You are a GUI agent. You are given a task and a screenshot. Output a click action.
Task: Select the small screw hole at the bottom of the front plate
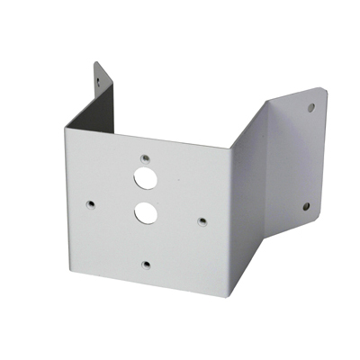(x=145, y=264)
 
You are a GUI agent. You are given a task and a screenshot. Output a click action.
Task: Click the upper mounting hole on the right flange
(x=312, y=107)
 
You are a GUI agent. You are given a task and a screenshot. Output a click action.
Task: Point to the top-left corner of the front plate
(x=66, y=124)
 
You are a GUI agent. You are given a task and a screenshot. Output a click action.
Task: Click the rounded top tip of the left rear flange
(x=96, y=63)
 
